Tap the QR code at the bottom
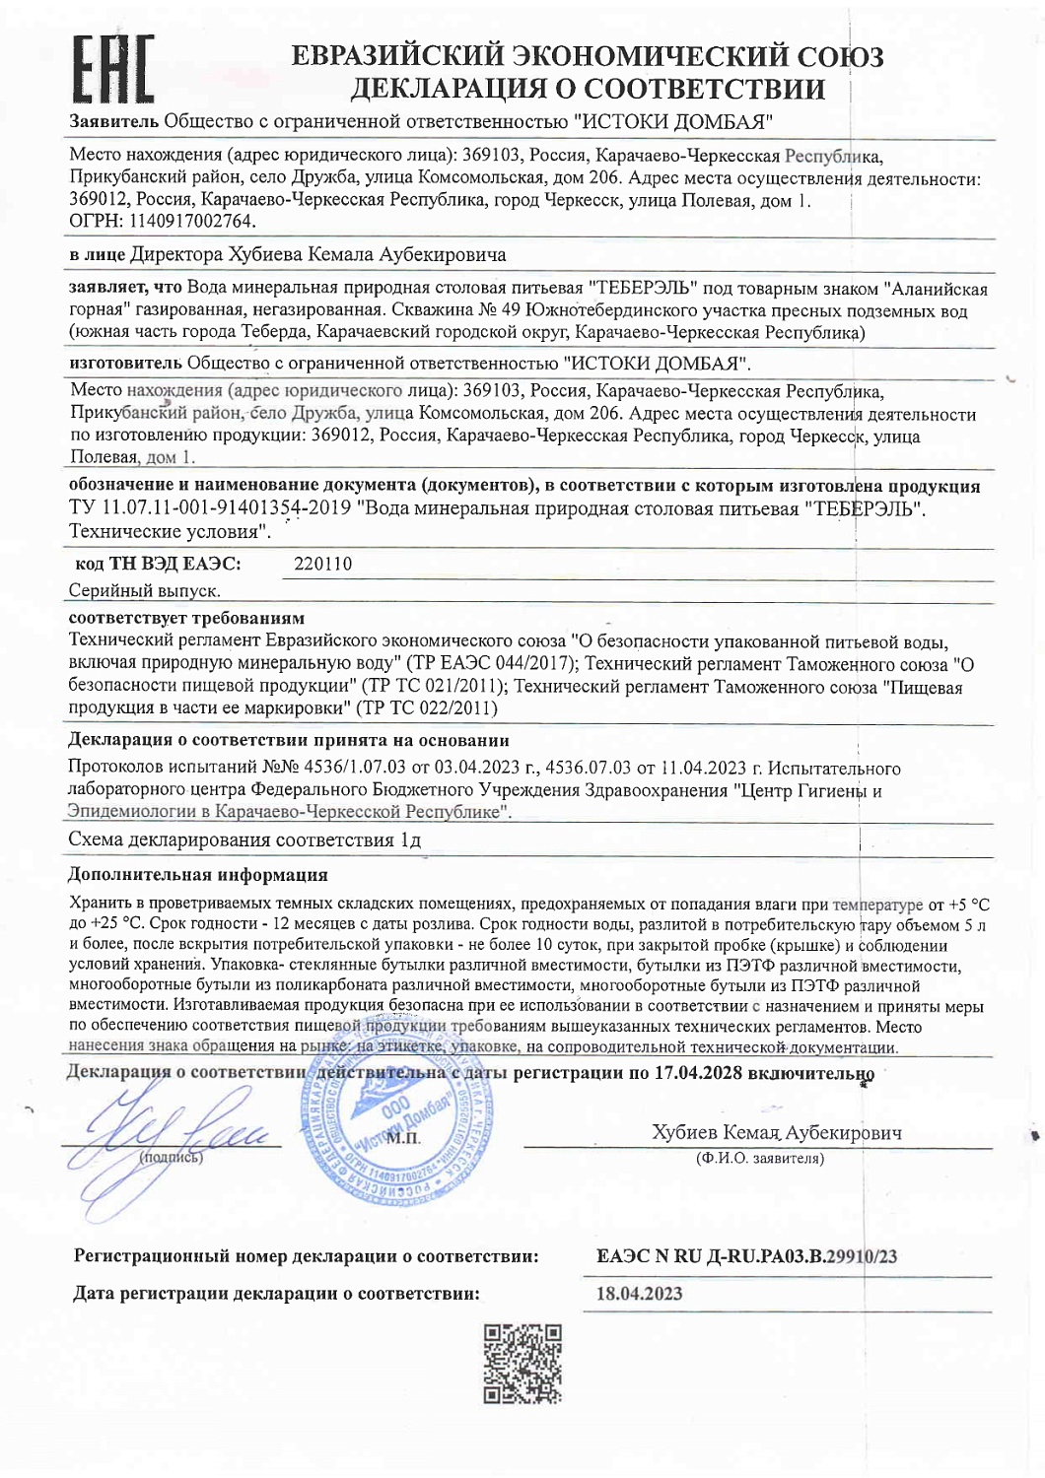coord(522,1363)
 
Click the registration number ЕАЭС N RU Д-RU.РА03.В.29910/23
coord(746,1256)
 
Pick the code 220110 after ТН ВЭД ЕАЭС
coord(323,564)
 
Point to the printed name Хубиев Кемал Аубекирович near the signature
coord(776,1133)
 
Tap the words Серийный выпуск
coord(144,591)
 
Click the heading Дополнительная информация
coord(197,874)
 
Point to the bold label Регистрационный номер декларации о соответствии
coord(306,1256)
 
